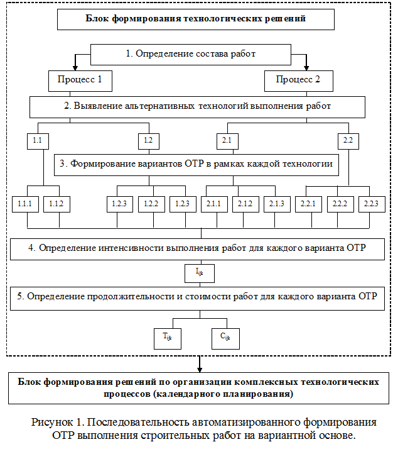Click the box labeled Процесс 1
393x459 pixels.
80,80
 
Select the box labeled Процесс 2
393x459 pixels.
299,80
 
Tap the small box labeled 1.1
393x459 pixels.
38,141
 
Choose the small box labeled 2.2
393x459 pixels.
348,141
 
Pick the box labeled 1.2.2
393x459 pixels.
151,204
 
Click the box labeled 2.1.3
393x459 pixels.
277,204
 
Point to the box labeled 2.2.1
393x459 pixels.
308,204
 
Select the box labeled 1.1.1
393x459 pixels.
25,204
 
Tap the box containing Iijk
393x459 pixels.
200,274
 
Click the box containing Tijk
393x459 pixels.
168,339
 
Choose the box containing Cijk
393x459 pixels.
225,339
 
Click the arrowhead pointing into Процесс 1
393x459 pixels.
75,68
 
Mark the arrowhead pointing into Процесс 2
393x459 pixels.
306,68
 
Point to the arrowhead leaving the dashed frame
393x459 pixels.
200,370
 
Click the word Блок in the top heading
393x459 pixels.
97,18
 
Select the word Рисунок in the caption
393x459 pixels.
52,422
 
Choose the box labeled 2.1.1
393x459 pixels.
214,204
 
